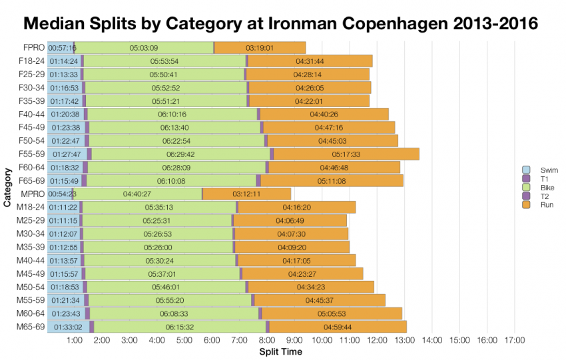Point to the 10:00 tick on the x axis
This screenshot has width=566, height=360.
[x=322, y=340]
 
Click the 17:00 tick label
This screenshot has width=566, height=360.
[x=515, y=340]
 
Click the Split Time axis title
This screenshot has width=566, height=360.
[x=280, y=351]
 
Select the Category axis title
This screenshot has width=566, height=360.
[x=8, y=188]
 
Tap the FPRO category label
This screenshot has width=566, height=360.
[x=32, y=48]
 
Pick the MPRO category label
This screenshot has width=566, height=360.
[x=32, y=194]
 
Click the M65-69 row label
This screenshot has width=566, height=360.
[x=30, y=327]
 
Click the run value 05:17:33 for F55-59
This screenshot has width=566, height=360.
[x=345, y=154]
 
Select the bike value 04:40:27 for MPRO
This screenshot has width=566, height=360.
[x=137, y=194]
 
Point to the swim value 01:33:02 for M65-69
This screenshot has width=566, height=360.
[x=65, y=327]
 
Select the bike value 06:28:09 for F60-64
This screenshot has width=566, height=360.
[x=176, y=167]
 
